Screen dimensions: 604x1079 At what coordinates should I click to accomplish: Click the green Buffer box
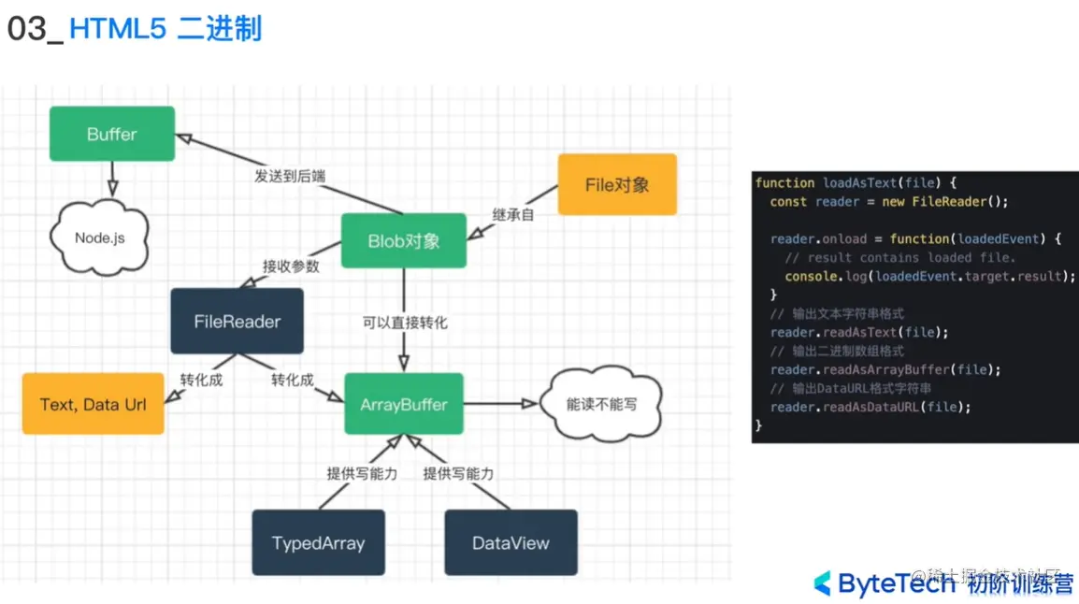(111, 134)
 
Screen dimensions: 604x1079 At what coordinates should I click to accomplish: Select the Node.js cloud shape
(99, 237)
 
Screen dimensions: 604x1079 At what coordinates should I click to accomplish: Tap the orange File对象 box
(616, 184)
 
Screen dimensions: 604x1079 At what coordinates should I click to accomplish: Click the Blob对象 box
(403, 240)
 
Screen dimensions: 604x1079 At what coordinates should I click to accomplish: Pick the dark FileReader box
(237, 322)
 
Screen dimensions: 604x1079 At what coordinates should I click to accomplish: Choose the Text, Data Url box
(93, 405)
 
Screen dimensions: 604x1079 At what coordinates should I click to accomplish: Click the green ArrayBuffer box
(403, 405)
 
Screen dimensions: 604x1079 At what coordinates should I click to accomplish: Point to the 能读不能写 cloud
(603, 404)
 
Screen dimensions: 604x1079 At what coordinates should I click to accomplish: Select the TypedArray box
(318, 542)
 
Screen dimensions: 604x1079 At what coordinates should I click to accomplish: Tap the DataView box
(511, 542)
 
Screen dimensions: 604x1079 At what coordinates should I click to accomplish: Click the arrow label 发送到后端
(290, 175)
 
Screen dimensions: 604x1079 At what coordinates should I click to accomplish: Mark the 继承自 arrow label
(514, 214)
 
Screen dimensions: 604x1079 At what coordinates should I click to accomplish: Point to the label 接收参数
(290, 266)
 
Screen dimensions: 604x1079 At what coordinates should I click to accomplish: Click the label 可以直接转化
(405, 323)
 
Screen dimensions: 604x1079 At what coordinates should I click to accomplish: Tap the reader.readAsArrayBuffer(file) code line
(885, 369)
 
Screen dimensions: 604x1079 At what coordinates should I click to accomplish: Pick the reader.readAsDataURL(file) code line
(870, 407)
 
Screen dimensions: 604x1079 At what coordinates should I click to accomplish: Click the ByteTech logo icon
(822, 583)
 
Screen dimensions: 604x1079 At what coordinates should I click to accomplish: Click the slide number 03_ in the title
(34, 29)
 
